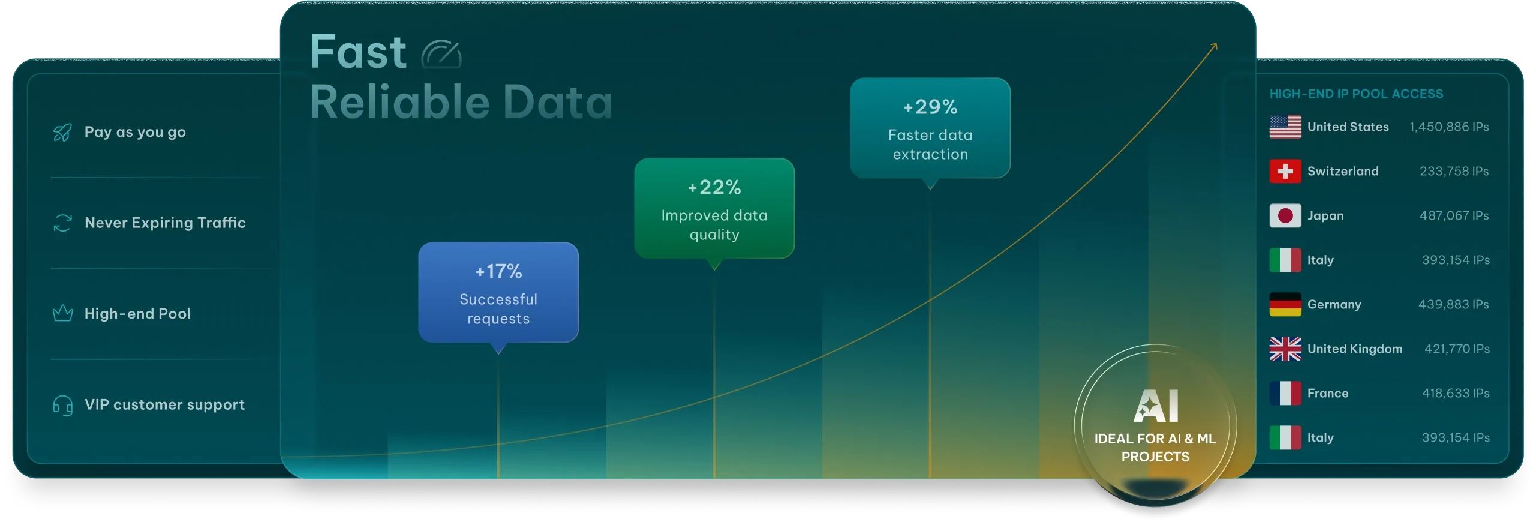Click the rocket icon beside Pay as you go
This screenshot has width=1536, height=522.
click(x=62, y=133)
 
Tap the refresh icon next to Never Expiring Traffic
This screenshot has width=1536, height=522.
click(x=62, y=223)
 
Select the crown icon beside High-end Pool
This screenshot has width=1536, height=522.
click(x=62, y=313)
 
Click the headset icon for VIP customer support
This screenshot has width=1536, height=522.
click(x=62, y=405)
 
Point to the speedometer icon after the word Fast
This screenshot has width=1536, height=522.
click(x=441, y=54)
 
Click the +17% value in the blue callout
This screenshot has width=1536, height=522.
click(x=498, y=271)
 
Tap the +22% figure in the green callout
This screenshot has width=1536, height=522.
click(x=714, y=187)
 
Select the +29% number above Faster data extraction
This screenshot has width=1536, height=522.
click(x=930, y=107)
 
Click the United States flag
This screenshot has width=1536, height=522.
click(x=1285, y=127)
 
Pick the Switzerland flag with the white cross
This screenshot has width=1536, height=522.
click(x=1285, y=171)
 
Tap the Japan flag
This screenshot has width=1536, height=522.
click(x=1285, y=215)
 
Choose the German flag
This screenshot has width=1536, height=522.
click(x=1285, y=304)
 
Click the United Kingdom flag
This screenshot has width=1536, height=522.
click(x=1285, y=349)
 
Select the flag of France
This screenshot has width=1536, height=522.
click(x=1285, y=393)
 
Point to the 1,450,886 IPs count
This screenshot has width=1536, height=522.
click(x=1449, y=127)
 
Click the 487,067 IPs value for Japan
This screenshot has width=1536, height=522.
click(x=1454, y=215)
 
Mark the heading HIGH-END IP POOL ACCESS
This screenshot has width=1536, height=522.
click(x=1356, y=94)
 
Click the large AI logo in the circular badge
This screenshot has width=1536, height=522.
click(x=1156, y=406)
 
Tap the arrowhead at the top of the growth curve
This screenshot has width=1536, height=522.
click(x=1215, y=45)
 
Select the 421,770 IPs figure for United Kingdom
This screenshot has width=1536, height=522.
click(x=1457, y=349)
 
